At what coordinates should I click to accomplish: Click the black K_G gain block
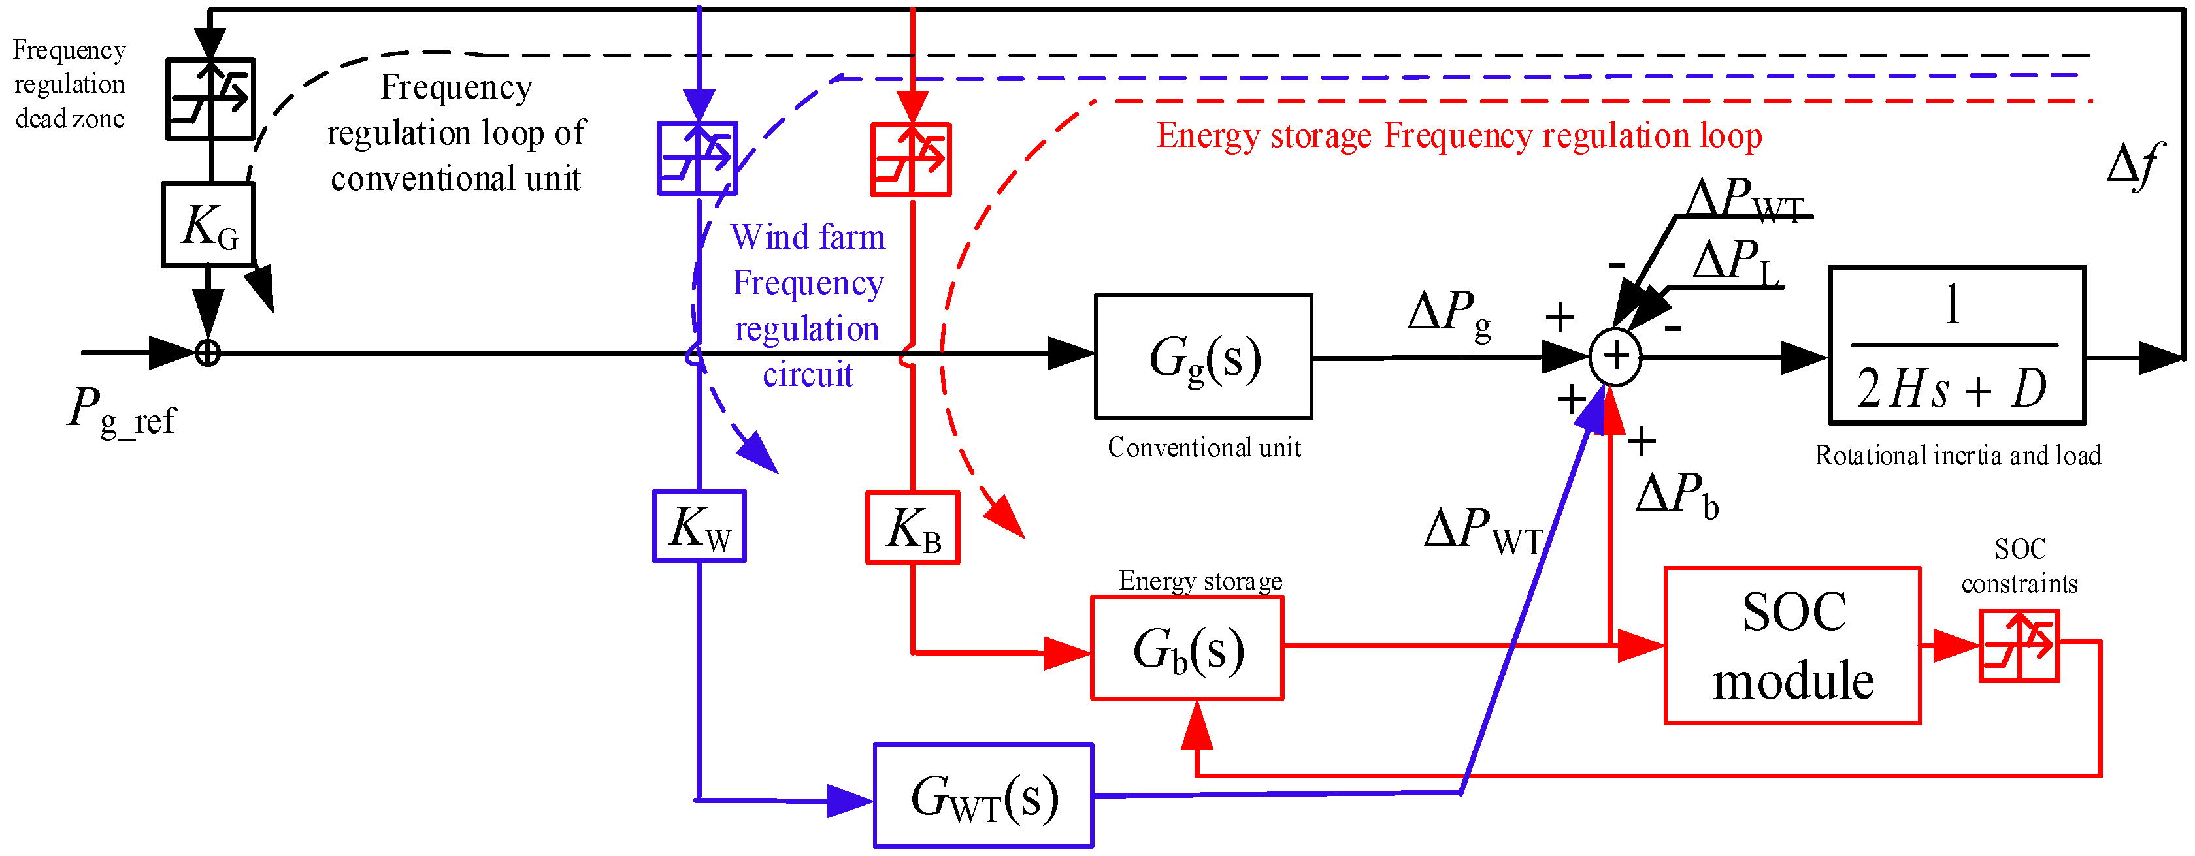(x=208, y=225)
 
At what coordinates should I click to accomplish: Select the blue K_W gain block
(x=699, y=526)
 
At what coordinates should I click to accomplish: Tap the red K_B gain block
(x=913, y=528)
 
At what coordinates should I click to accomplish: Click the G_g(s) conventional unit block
(x=1202, y=357)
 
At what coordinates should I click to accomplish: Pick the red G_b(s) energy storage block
(x=1187, y=649)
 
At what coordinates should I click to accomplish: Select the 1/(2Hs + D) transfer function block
(x=1956, y=345)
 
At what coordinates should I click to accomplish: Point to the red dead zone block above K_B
(x=911, y=159)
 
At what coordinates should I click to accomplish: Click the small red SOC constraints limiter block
(x=2019, y=646)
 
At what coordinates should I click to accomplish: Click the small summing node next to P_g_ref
(x=208, y=353)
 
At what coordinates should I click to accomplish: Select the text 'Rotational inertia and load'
(x=1957, y=456)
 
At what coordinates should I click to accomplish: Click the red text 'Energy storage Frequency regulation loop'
(x=1459, y=136)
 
